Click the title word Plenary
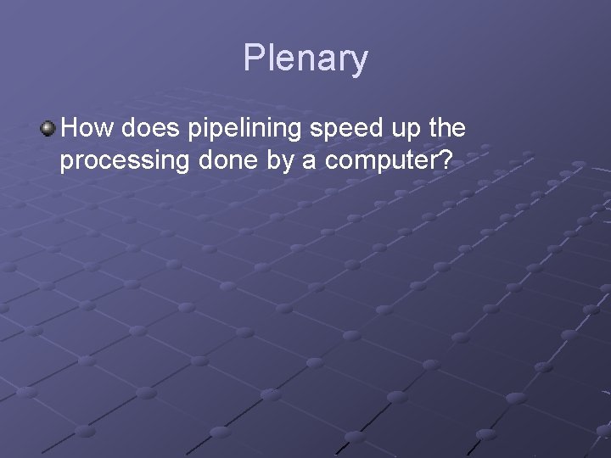305,59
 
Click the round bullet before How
48,129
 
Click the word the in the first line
447,129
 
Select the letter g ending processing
178,163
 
